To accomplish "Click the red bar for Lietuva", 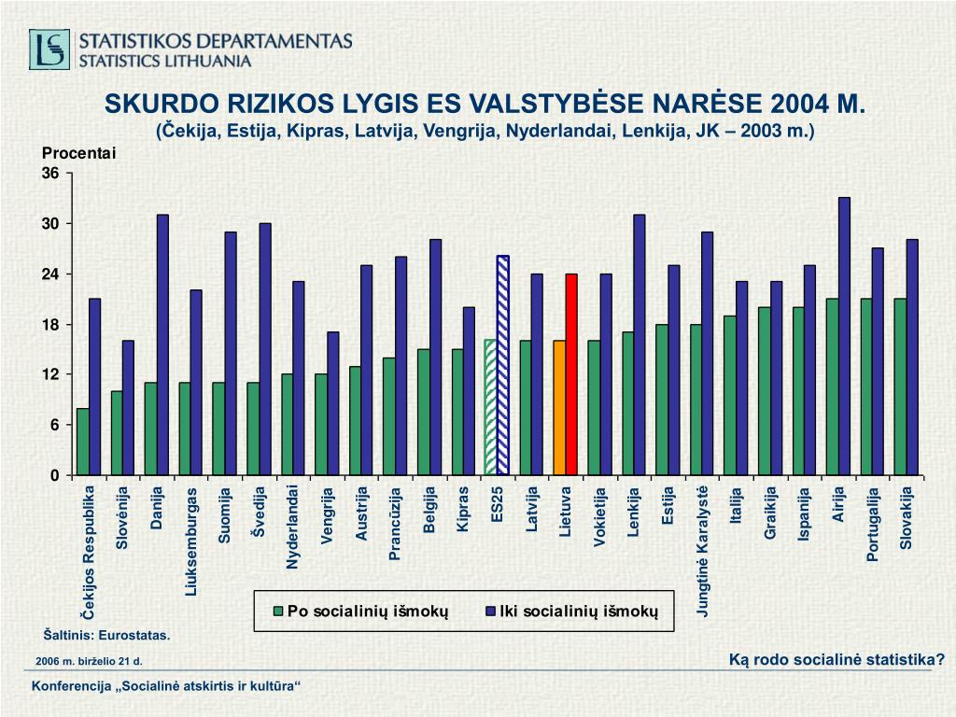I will coord(571,373).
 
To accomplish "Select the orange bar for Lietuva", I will coord(559,407).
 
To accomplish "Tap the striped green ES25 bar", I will coord(491,407).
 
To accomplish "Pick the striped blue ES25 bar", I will coord(503,365).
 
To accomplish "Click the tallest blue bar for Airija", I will coord(844,336).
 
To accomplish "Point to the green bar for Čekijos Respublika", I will coord(83,441).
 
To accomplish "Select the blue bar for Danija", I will coord(162,344).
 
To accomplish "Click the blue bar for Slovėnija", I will coord(128,407).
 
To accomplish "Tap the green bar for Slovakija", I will coord(900,387).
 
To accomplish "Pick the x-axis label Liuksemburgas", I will coord(191,540).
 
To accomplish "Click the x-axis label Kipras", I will coord(462,509).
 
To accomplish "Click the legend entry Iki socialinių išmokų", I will coord(579,612).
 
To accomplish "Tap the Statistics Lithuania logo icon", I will coord(49,49).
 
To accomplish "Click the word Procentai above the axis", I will coord(77,154).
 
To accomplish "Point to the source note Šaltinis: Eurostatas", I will coord(106,635).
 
